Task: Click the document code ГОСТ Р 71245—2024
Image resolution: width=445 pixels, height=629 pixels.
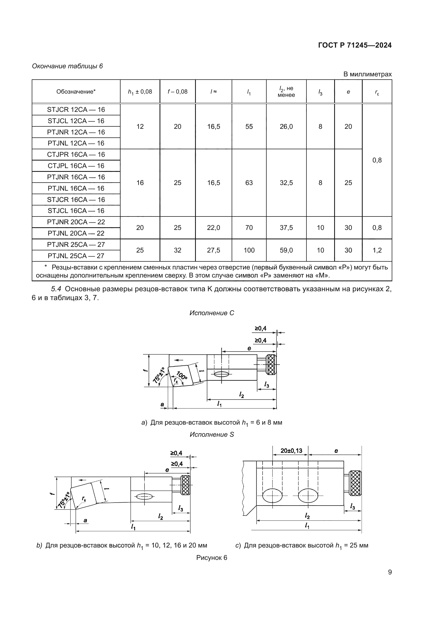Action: [x=355, y=45]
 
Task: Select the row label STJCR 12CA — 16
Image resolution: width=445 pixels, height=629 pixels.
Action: [x=76, y=109]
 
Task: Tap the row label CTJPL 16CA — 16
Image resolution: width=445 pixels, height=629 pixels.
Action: [x=76, y=166]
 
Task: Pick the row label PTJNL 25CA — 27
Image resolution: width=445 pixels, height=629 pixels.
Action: [x=76, y=256]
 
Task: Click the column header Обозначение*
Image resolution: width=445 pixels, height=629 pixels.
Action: [x=76, y=92]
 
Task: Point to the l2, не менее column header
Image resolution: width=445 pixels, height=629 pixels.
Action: [x=286, y=92]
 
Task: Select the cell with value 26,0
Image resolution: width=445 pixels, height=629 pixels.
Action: [x=286, y=127]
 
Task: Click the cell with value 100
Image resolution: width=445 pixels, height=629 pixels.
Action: [x=249, y=250]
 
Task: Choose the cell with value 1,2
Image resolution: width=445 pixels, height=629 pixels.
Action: [x=377, y=250]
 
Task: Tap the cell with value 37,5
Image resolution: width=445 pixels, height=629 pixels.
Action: [x=286, y=228]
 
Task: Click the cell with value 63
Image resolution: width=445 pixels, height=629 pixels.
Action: [x=249, y=183]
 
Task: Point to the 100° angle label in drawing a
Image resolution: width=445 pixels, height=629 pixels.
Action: [x=182, y=375]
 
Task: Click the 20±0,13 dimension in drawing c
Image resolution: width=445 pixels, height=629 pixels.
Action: [x=291, y=451]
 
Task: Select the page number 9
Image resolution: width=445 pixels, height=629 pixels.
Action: [x=390, y=572]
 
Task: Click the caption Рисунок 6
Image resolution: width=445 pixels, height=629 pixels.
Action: [x=211, y=558]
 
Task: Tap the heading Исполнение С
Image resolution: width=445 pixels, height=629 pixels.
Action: [x=211, y=313]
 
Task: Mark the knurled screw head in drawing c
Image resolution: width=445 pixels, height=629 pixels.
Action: [x=355, y=483]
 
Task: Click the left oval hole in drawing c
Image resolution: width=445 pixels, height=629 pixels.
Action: [x=272, y=496]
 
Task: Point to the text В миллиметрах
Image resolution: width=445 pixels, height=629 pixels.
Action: [x=368, y=74]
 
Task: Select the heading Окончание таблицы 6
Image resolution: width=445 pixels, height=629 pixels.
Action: [x=68, y=66]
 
